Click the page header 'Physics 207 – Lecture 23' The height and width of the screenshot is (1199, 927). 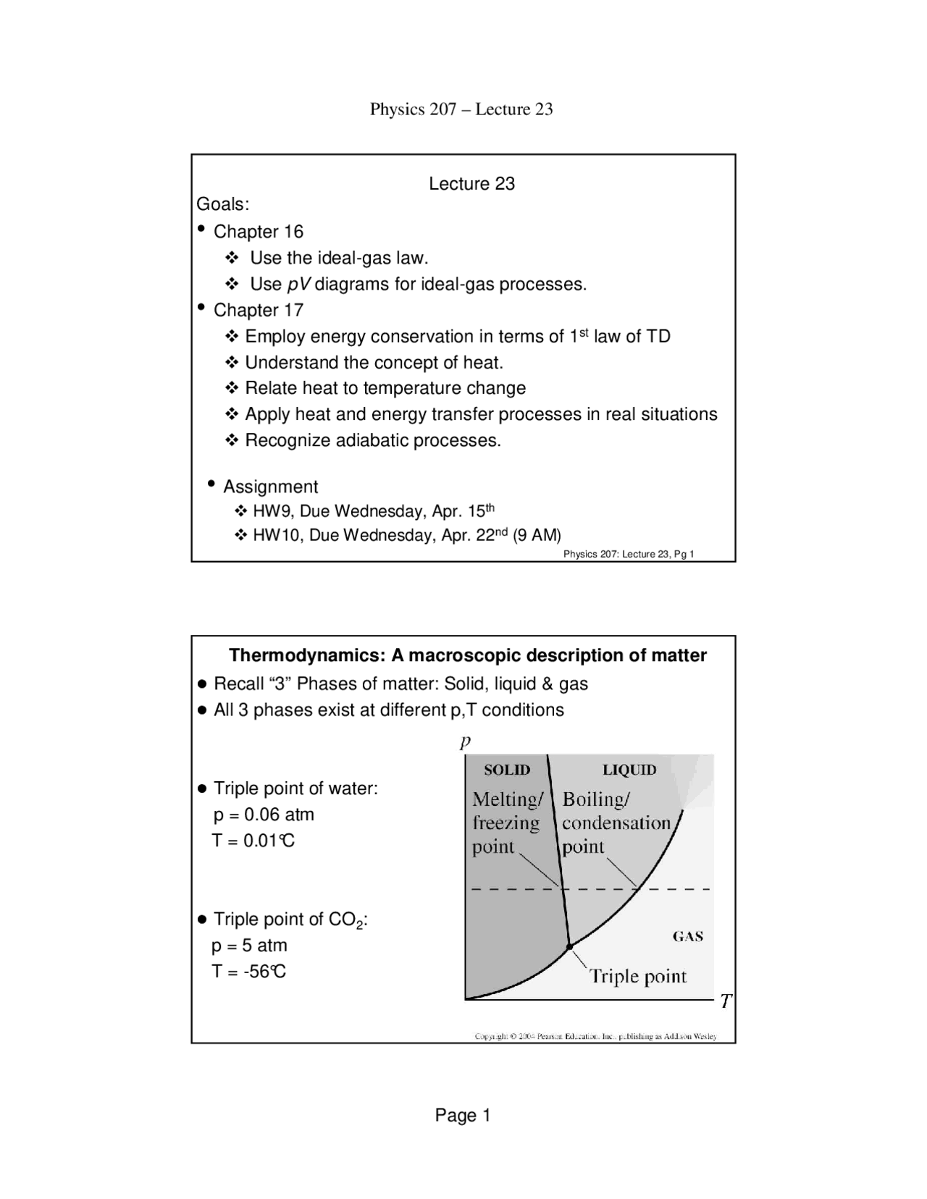click(461, 109)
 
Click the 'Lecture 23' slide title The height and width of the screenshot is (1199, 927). click(471, 184)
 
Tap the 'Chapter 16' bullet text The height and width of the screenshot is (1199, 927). click(259, 232)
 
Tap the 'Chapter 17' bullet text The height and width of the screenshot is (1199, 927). click(259, 310)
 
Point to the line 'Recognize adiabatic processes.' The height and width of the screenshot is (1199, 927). click(373, 440)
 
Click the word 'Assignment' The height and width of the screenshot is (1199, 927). click(270, 487)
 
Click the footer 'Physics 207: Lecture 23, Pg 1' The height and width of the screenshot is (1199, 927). click(629, 555)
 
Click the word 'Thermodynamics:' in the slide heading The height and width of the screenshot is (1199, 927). click(307, 655)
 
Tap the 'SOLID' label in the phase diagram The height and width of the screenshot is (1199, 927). click(507, 770)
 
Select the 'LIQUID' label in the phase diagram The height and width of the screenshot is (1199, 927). click(629, 770)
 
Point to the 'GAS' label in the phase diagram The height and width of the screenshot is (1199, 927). click(688, 936)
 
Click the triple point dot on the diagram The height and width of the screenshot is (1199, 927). click(569, 946)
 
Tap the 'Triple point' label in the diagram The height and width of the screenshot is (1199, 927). click(638, 976)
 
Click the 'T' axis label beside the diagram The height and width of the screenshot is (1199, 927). click(726, 1001)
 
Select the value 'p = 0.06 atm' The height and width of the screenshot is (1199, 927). click(264, 815)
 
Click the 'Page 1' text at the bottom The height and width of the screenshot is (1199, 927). click(463, 1116)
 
